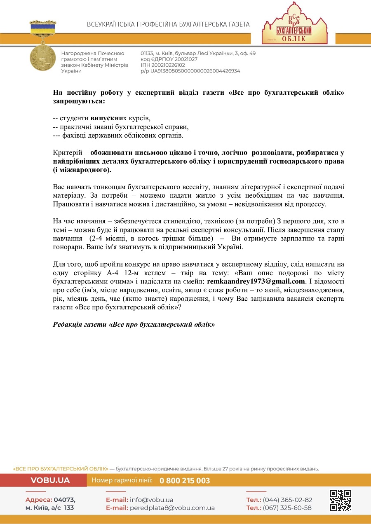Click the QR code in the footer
[340, 501]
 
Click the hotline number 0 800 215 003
[185, 481]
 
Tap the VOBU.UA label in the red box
[50, 480]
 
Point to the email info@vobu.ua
[152, 500]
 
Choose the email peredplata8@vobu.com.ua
[172, 508]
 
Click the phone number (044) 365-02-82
[287, 500]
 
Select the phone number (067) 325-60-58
[287, 508]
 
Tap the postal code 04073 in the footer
[66, 500]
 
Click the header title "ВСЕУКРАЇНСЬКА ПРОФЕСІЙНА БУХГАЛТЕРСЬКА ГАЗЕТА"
[168, 24]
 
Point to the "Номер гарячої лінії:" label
[122, 480]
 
